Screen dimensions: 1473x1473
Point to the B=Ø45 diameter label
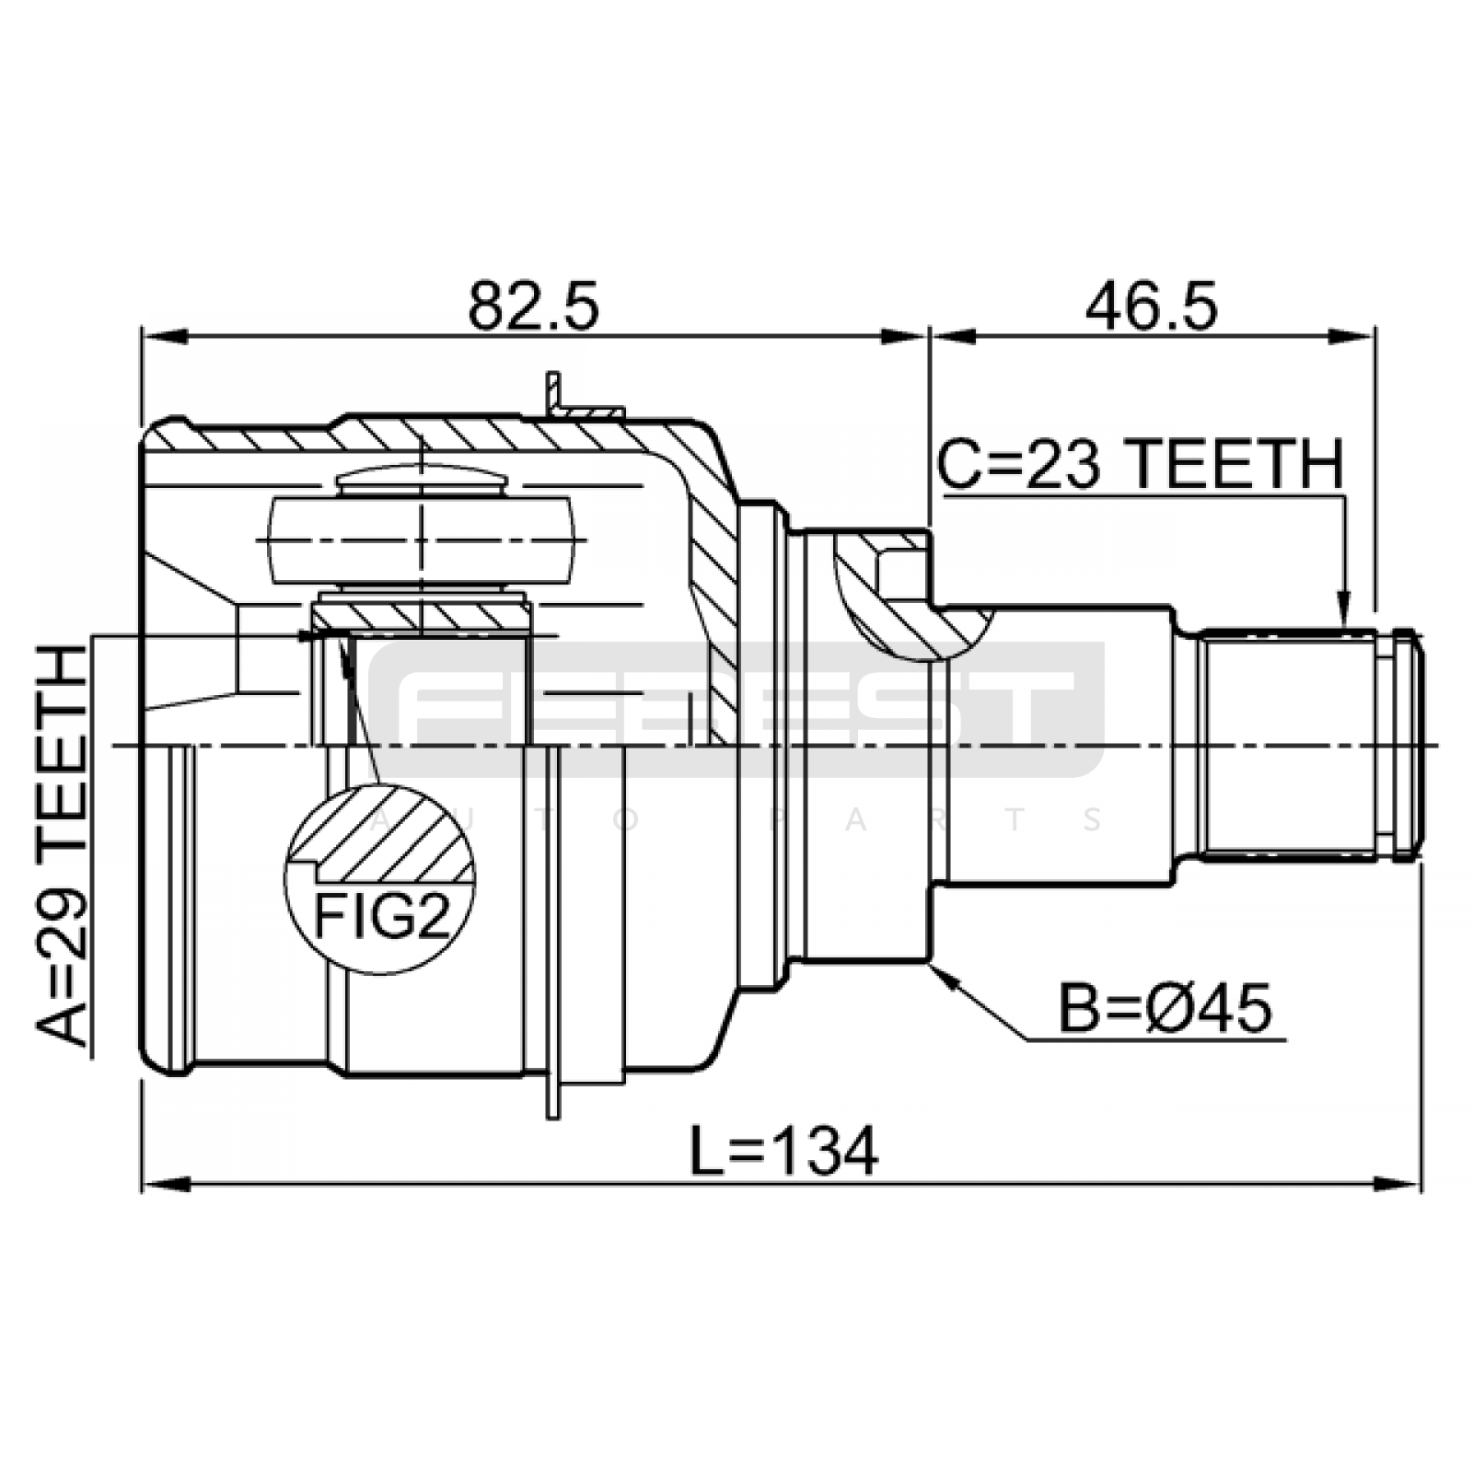(x=1165, y=1008)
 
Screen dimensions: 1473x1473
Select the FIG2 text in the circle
(x=382, y=916)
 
